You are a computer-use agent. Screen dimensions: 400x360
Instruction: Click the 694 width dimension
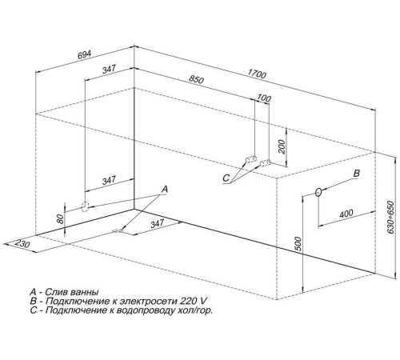coord(84,54)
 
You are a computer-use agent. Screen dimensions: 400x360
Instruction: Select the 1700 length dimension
coord(257,74)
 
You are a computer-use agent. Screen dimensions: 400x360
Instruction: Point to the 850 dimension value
coord(196,79)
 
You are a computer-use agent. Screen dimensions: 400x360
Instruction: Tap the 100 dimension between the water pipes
coord(264,98)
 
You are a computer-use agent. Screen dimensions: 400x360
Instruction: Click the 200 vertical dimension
coord(282,146)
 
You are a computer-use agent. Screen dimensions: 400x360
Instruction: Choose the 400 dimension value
coord(346,214)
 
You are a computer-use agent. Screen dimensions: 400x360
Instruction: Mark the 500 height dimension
coord(298,243)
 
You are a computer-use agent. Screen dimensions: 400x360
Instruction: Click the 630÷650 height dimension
coord(390,217)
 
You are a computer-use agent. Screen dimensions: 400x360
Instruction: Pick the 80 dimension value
coord(61,219)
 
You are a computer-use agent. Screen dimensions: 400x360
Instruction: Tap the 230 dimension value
coord(22,243)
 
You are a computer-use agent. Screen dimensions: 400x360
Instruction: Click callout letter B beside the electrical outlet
coord(357,174)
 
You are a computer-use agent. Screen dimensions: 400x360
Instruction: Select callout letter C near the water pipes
coord(226,178)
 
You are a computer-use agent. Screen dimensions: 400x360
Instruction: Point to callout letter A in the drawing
coord(165,190)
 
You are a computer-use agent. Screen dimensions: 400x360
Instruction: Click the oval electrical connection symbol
coord(318,192)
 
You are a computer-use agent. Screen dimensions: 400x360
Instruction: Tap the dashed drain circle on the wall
coord(85,206)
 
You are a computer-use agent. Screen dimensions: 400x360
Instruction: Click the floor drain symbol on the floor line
coord(117,230)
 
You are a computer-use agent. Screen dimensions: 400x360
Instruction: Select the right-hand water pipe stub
coord(265,162)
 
